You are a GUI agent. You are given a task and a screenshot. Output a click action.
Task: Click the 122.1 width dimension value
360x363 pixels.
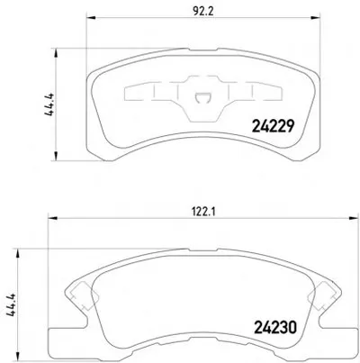tap(203, 213)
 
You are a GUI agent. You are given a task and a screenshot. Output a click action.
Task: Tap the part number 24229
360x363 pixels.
tap(273, 126)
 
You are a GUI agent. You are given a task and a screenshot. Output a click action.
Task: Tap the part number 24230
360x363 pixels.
tap(275, 327)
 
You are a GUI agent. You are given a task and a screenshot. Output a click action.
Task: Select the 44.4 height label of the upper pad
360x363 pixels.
tap(49, 104)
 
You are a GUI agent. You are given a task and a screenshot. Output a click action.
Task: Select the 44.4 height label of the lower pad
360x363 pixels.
tap(11, 304)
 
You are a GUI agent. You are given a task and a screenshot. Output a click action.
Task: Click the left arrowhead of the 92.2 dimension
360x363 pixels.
tap(91, 18)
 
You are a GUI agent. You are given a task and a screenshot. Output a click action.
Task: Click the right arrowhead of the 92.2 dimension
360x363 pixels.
tap(315, 18)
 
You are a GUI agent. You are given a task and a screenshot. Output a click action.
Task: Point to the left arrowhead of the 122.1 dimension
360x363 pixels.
tap(53, 218)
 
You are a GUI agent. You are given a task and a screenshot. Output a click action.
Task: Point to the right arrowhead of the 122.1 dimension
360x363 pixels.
tap(354, 218)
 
